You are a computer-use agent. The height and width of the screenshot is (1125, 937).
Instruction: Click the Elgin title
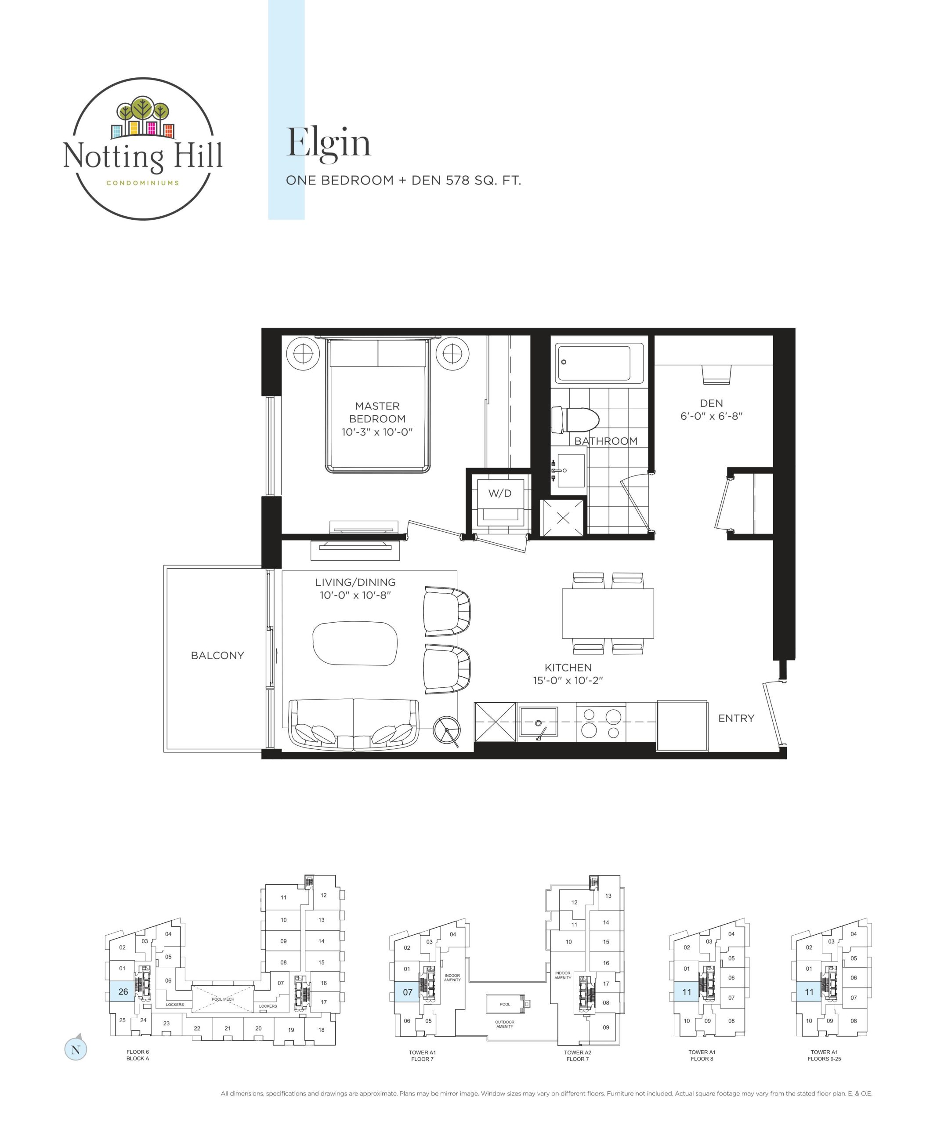[x=328, y=144]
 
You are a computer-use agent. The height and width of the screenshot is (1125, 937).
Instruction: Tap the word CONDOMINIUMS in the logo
[x=142, y=183]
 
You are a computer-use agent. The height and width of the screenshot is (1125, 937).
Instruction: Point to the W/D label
[x=499, y=494]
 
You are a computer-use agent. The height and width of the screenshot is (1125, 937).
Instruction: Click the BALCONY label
[x=217, y=655]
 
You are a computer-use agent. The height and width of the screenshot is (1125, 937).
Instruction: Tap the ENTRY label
[x=736, y=719]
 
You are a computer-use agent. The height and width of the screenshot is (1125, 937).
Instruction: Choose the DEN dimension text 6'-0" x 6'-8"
[x=712, y=416]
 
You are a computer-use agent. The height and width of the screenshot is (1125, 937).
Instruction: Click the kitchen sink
[x=538, y=722]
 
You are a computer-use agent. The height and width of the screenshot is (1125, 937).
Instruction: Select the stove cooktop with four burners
[x=601, y=722]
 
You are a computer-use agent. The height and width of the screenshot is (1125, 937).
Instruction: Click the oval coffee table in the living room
[x=355, y=643]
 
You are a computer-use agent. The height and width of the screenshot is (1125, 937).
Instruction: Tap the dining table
[x=608, y=613]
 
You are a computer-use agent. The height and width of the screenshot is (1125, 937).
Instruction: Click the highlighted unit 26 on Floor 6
[x=123, y=991]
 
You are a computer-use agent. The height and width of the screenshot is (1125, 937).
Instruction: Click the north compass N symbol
[x=76, y=1049]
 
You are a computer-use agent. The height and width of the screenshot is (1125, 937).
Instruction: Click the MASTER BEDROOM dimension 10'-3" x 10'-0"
[x=377, y=432]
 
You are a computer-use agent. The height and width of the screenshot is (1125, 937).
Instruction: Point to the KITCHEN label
[x=568, y=668]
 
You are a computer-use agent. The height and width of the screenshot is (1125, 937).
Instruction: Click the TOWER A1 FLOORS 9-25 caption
[x=824, y=1056]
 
